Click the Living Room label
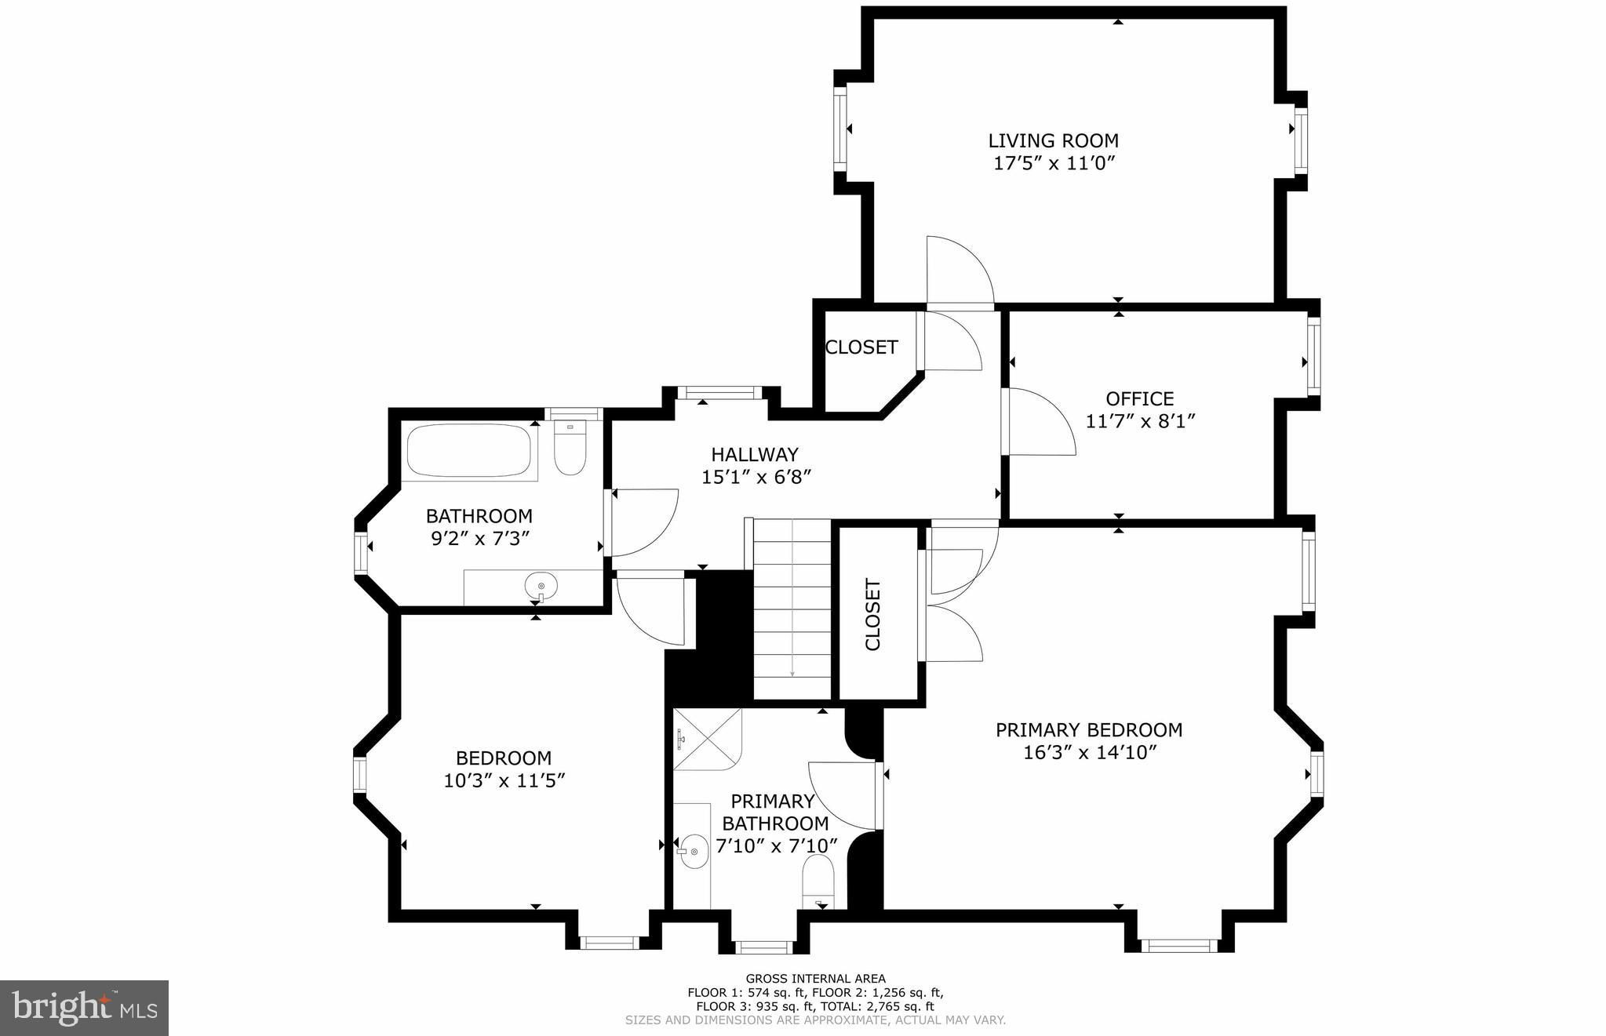click(x=1053, y=141)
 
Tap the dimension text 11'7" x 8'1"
click(x=1140, y=422)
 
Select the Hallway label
click(x=754, y=454)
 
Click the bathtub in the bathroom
click(x=469, y=451)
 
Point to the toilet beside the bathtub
click(x=570, y=449)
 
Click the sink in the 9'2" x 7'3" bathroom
click(x=541, y=585)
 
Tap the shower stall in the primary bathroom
click(x=708, y=739)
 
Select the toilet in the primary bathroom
click(x=818, y=882)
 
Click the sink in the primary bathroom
click(x=694, y=851)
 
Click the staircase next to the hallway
click(x=792, y=609)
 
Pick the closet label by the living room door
click(x=861, y=347)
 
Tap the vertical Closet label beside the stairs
click(x=873, y=615)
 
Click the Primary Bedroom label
click(x=1088, y=730)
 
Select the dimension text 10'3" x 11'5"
click(x=504, y=781)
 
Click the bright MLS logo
click(x=84, y=1008)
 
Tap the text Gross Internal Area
click(x=815, y=978)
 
